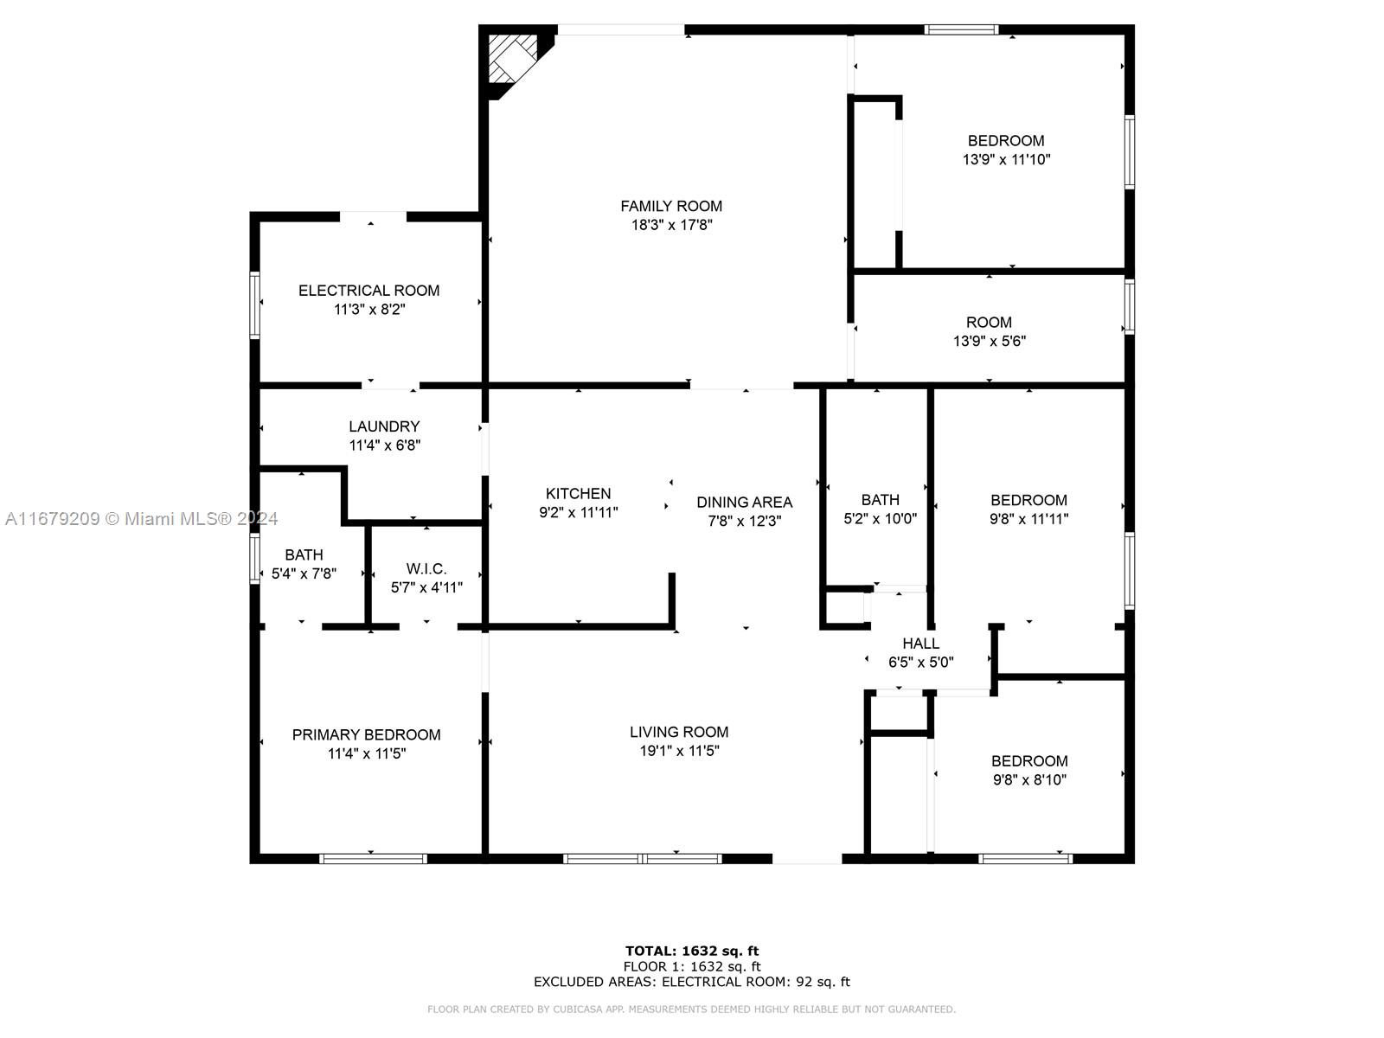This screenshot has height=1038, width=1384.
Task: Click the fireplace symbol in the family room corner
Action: [x=513, y=59]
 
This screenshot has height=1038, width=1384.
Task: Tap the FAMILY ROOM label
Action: [x=671, y=206]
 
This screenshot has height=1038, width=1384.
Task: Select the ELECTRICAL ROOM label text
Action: [x=368, y=291]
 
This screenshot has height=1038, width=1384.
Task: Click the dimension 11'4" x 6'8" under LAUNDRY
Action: [x=385, y=445]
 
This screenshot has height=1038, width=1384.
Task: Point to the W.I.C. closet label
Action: [x=426, y=568]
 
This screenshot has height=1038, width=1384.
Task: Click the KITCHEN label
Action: [x=578, y=493]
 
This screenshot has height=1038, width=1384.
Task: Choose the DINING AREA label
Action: [x=744, y=503]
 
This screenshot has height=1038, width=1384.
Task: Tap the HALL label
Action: [x=920, y=644]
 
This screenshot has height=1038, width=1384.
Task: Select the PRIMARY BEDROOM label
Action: [x=367, y=735]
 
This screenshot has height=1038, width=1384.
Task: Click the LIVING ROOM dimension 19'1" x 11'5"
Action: [x=679, y=751]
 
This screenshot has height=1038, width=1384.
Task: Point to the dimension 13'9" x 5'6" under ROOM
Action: [x=990, y=341]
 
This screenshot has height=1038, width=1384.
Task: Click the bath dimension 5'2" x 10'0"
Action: [x=881, y=519]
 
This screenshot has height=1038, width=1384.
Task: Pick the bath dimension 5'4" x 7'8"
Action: [x=304, y=573]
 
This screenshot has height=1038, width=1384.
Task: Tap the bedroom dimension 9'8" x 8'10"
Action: [x=1029, y=779]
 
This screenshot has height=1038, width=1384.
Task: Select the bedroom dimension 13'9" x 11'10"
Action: [x=1006, y=159]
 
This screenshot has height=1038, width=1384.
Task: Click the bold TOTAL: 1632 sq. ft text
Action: [x=692, y=951]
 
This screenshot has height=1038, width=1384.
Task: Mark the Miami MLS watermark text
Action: [x=141, y=519]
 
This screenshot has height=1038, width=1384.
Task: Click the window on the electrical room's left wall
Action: [x=254, y=305]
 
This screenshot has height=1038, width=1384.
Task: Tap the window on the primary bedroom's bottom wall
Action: [x=374, y=858]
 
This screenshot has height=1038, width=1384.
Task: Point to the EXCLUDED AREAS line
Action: [x=692, y=982]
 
